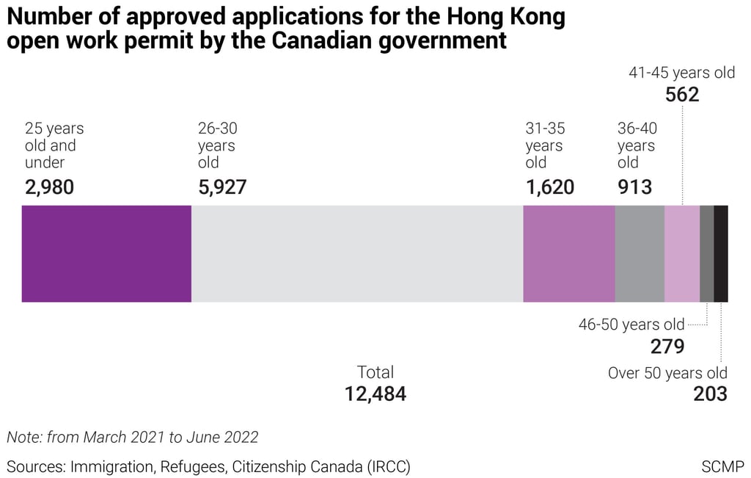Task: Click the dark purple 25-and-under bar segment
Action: click(106, 253)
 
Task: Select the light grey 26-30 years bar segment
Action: click(356, 253)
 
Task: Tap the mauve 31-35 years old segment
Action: click(568, 253)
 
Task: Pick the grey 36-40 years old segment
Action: click(640, 253)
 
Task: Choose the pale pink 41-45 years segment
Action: click(682, 253)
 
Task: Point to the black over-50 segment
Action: click(721, 253)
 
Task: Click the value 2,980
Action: click(49, 187)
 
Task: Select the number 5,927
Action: click(222, 187)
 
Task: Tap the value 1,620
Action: click(549, 187)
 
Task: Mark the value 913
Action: click(634, 187)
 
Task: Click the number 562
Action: click(682, 95)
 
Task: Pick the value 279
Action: click(667, 347)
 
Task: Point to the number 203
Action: click(711, 394)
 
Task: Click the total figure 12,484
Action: click(375, 394)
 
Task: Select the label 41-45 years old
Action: click(681, 73)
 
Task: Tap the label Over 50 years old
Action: click(667, 373)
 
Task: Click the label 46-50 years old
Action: click(631, 325)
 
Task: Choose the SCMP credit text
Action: click(722, 466)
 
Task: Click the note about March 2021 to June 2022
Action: click(133, 437)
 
